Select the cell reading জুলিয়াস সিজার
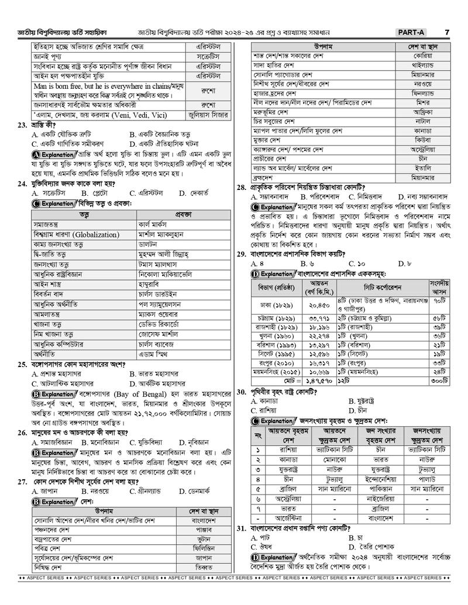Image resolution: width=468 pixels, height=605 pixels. tap(211, 115)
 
